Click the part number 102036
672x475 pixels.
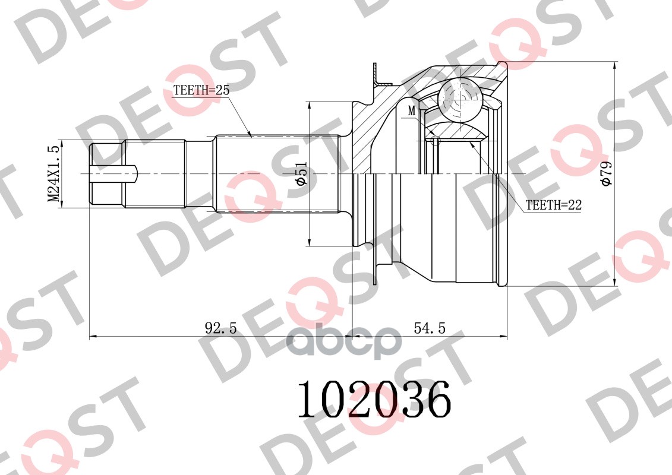(x=374, y=399)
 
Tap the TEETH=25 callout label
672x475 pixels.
(x=200, y=91)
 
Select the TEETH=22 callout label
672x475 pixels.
(x=553, y=205)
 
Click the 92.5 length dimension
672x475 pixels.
(x=220, y=327)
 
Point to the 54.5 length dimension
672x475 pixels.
(x=430, y=327)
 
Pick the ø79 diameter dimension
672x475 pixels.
(x=605, y=173)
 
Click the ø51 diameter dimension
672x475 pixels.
(x=301, y=173)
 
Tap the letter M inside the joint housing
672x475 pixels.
(x=412, y=111)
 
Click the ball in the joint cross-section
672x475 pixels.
(x=460, y=100)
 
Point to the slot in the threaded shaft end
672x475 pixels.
(x=113, y=173)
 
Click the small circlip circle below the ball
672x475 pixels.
(x=436, y=141)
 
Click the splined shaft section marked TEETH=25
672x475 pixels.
(x=276, y=173)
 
